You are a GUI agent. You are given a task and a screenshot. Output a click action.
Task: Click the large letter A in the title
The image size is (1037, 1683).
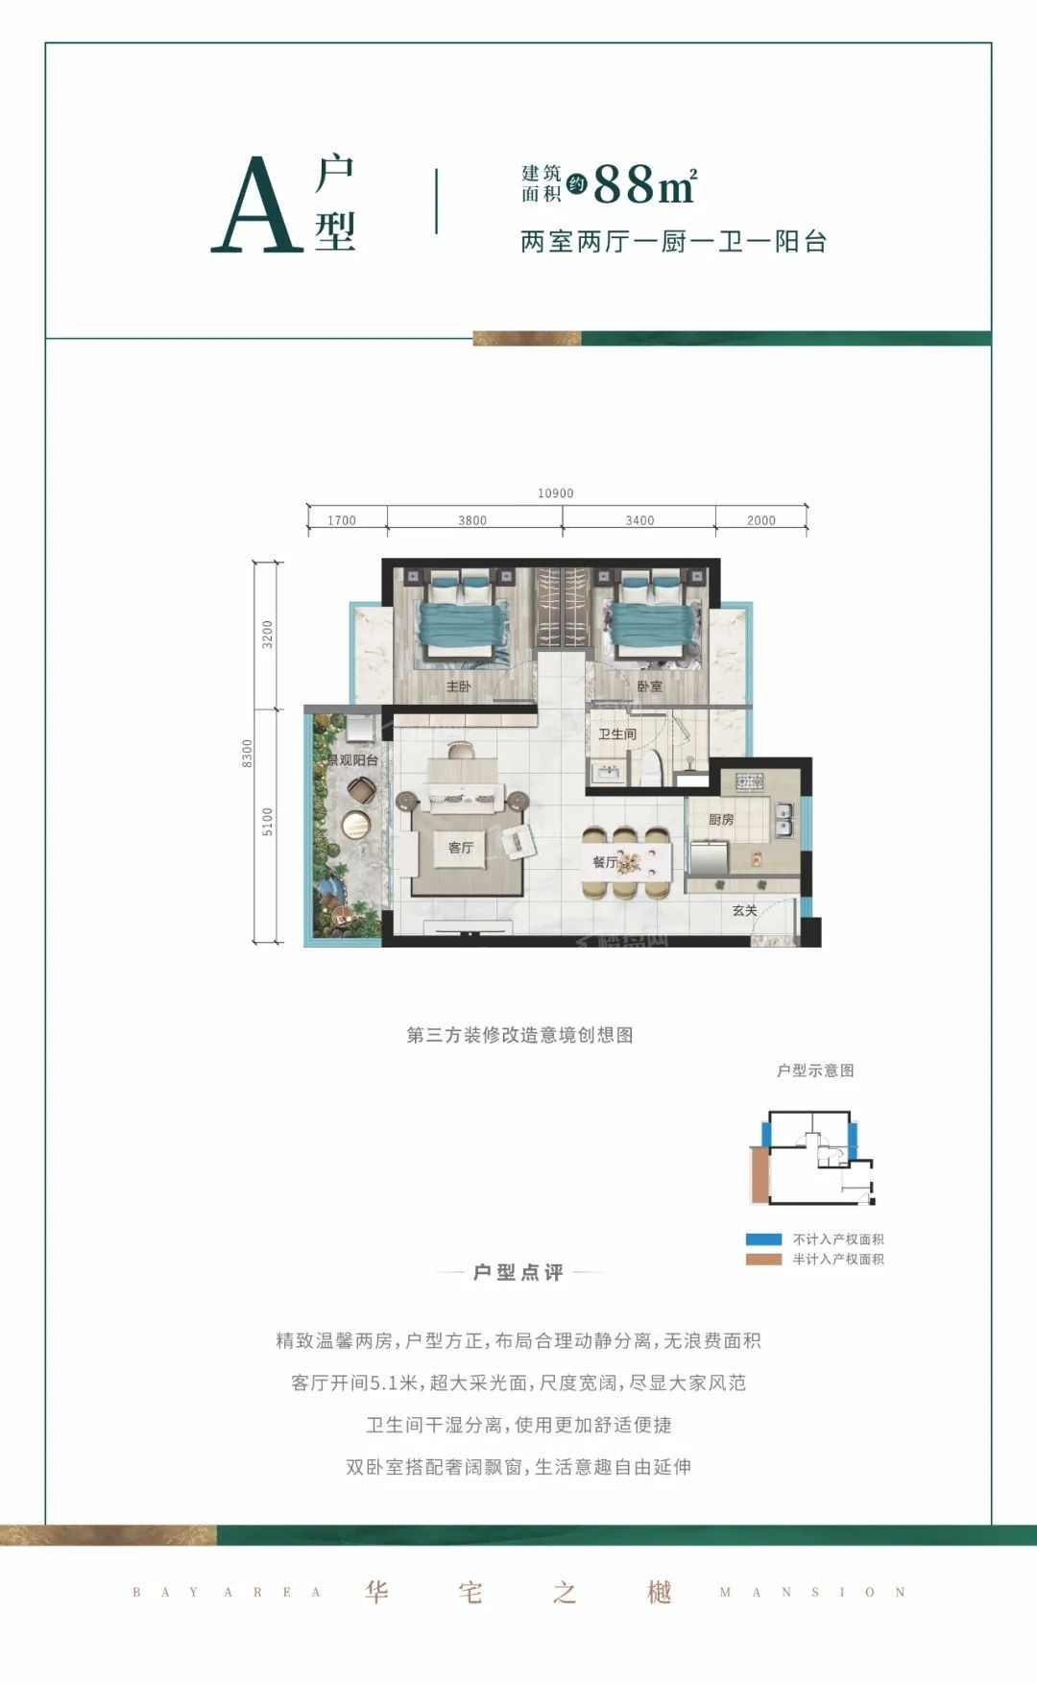pos(257,205)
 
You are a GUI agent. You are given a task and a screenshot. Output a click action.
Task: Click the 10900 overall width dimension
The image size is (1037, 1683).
pos(555,493)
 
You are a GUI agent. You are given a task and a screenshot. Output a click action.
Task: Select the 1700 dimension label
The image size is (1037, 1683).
pos(342,520)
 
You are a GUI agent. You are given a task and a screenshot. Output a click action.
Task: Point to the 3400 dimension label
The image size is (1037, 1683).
pos(639,520)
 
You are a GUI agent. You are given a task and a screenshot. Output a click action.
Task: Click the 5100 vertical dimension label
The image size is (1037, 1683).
pos(268,822)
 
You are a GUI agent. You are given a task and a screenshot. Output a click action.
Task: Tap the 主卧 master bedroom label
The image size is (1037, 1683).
pos(458,686)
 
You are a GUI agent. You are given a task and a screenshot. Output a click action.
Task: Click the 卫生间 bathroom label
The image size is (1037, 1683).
pos(617,733)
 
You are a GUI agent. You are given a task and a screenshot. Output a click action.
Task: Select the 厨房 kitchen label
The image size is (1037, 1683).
pos(721,819)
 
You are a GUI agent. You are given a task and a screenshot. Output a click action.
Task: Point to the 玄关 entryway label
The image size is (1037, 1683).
pos(745,909)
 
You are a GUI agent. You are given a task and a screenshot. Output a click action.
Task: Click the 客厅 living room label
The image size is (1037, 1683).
pos(461,848)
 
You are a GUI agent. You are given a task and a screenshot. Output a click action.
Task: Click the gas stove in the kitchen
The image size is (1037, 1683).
pos(750,781)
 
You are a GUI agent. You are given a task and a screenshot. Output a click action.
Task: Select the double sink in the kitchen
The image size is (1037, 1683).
pos(784,822)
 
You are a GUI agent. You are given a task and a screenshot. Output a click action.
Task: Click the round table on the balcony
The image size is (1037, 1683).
pos(355,824)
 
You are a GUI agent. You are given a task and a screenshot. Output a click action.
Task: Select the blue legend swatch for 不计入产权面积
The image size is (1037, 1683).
pos(763,1239)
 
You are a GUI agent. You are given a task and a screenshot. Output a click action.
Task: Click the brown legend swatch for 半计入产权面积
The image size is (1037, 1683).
pos(763,1259)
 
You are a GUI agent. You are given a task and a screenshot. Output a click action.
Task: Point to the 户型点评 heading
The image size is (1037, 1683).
pos(518,1272)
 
